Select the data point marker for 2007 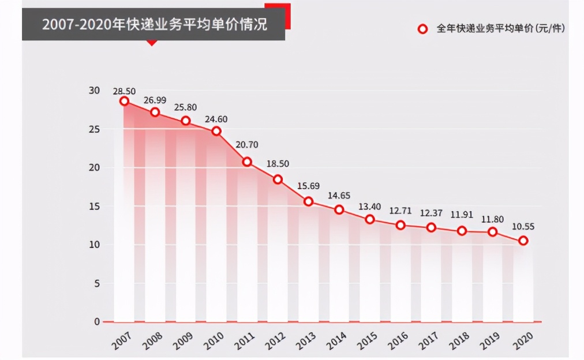(x=124, y=101)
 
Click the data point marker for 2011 (x=247, y=162)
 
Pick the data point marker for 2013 (x=309, y=201)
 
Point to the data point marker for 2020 (x=523, y=241)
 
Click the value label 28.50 (x=124, y=91)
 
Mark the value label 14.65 (x=339, y=196)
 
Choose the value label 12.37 (x=431, y=213)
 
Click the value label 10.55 (x=523, y=227)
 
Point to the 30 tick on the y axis (x=94, y=91)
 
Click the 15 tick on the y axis (x=94, y=206)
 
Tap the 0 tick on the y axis (x=97, y=321)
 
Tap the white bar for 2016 (x=400, y=277)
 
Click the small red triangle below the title (x=152, y=43)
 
